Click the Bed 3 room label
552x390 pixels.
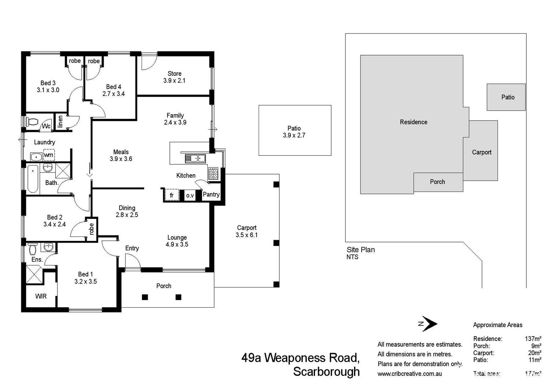(48, 83)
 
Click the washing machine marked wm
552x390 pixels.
(49, 155)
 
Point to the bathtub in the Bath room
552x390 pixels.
(33, 179)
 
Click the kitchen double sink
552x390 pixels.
(195, 158)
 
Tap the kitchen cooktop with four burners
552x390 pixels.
(213, 174)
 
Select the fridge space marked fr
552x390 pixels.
(172, 195)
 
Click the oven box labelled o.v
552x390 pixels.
(190, 195)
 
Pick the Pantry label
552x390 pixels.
(211, 194)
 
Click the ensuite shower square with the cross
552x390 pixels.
(34, 275)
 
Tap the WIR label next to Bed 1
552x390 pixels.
(41, 296)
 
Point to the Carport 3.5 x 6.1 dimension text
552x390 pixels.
(247, 235)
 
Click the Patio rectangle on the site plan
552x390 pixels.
(506, 97)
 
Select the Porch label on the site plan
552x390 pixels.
(437, 182)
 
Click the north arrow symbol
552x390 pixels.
(428, 324)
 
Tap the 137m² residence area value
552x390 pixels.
(533, 339)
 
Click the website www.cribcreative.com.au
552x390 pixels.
(409, 374)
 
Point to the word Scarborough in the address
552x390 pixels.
(326, 372)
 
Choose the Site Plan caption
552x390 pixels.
(361, 250)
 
